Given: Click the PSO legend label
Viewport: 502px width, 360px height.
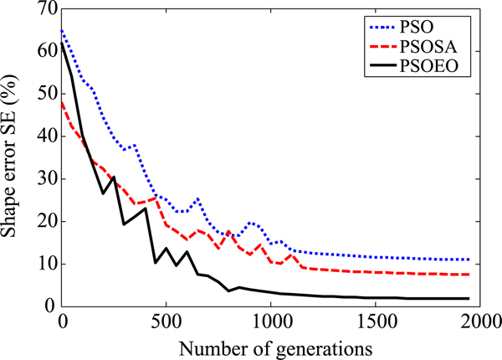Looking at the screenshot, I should pos(448,22).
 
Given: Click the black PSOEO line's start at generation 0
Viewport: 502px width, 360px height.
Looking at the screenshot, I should pos(63,42).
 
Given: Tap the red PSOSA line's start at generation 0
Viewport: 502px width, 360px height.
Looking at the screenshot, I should pos(63,102).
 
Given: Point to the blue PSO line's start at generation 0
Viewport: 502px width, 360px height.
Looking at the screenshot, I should pos(63,30).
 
